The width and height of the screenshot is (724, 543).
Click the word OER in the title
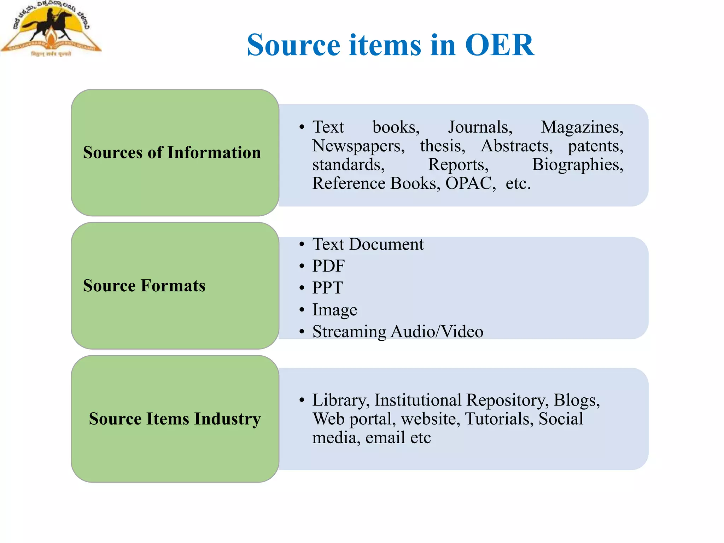tap(499, 45)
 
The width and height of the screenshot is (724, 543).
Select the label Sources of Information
tap(172, 152)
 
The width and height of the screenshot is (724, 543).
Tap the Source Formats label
tap(144, 286)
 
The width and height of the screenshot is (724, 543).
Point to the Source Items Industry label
tap(175, 419)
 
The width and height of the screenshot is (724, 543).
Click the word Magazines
tap(582, 127)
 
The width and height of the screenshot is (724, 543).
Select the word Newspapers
tap(358, 146)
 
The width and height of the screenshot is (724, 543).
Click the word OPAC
tap(470, 183)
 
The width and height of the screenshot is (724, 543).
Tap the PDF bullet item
tap(328, 266)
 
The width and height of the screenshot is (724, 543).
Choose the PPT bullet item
tap(327, 288)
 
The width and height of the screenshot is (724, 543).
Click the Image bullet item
tap(334, 310)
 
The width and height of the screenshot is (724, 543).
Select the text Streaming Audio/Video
tap(398, 332)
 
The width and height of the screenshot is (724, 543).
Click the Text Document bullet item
tap(368, 244)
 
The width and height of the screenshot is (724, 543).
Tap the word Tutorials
tap(499, 419)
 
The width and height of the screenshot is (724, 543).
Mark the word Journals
tap(480, 127)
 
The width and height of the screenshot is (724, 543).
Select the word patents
tap(595, 146)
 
